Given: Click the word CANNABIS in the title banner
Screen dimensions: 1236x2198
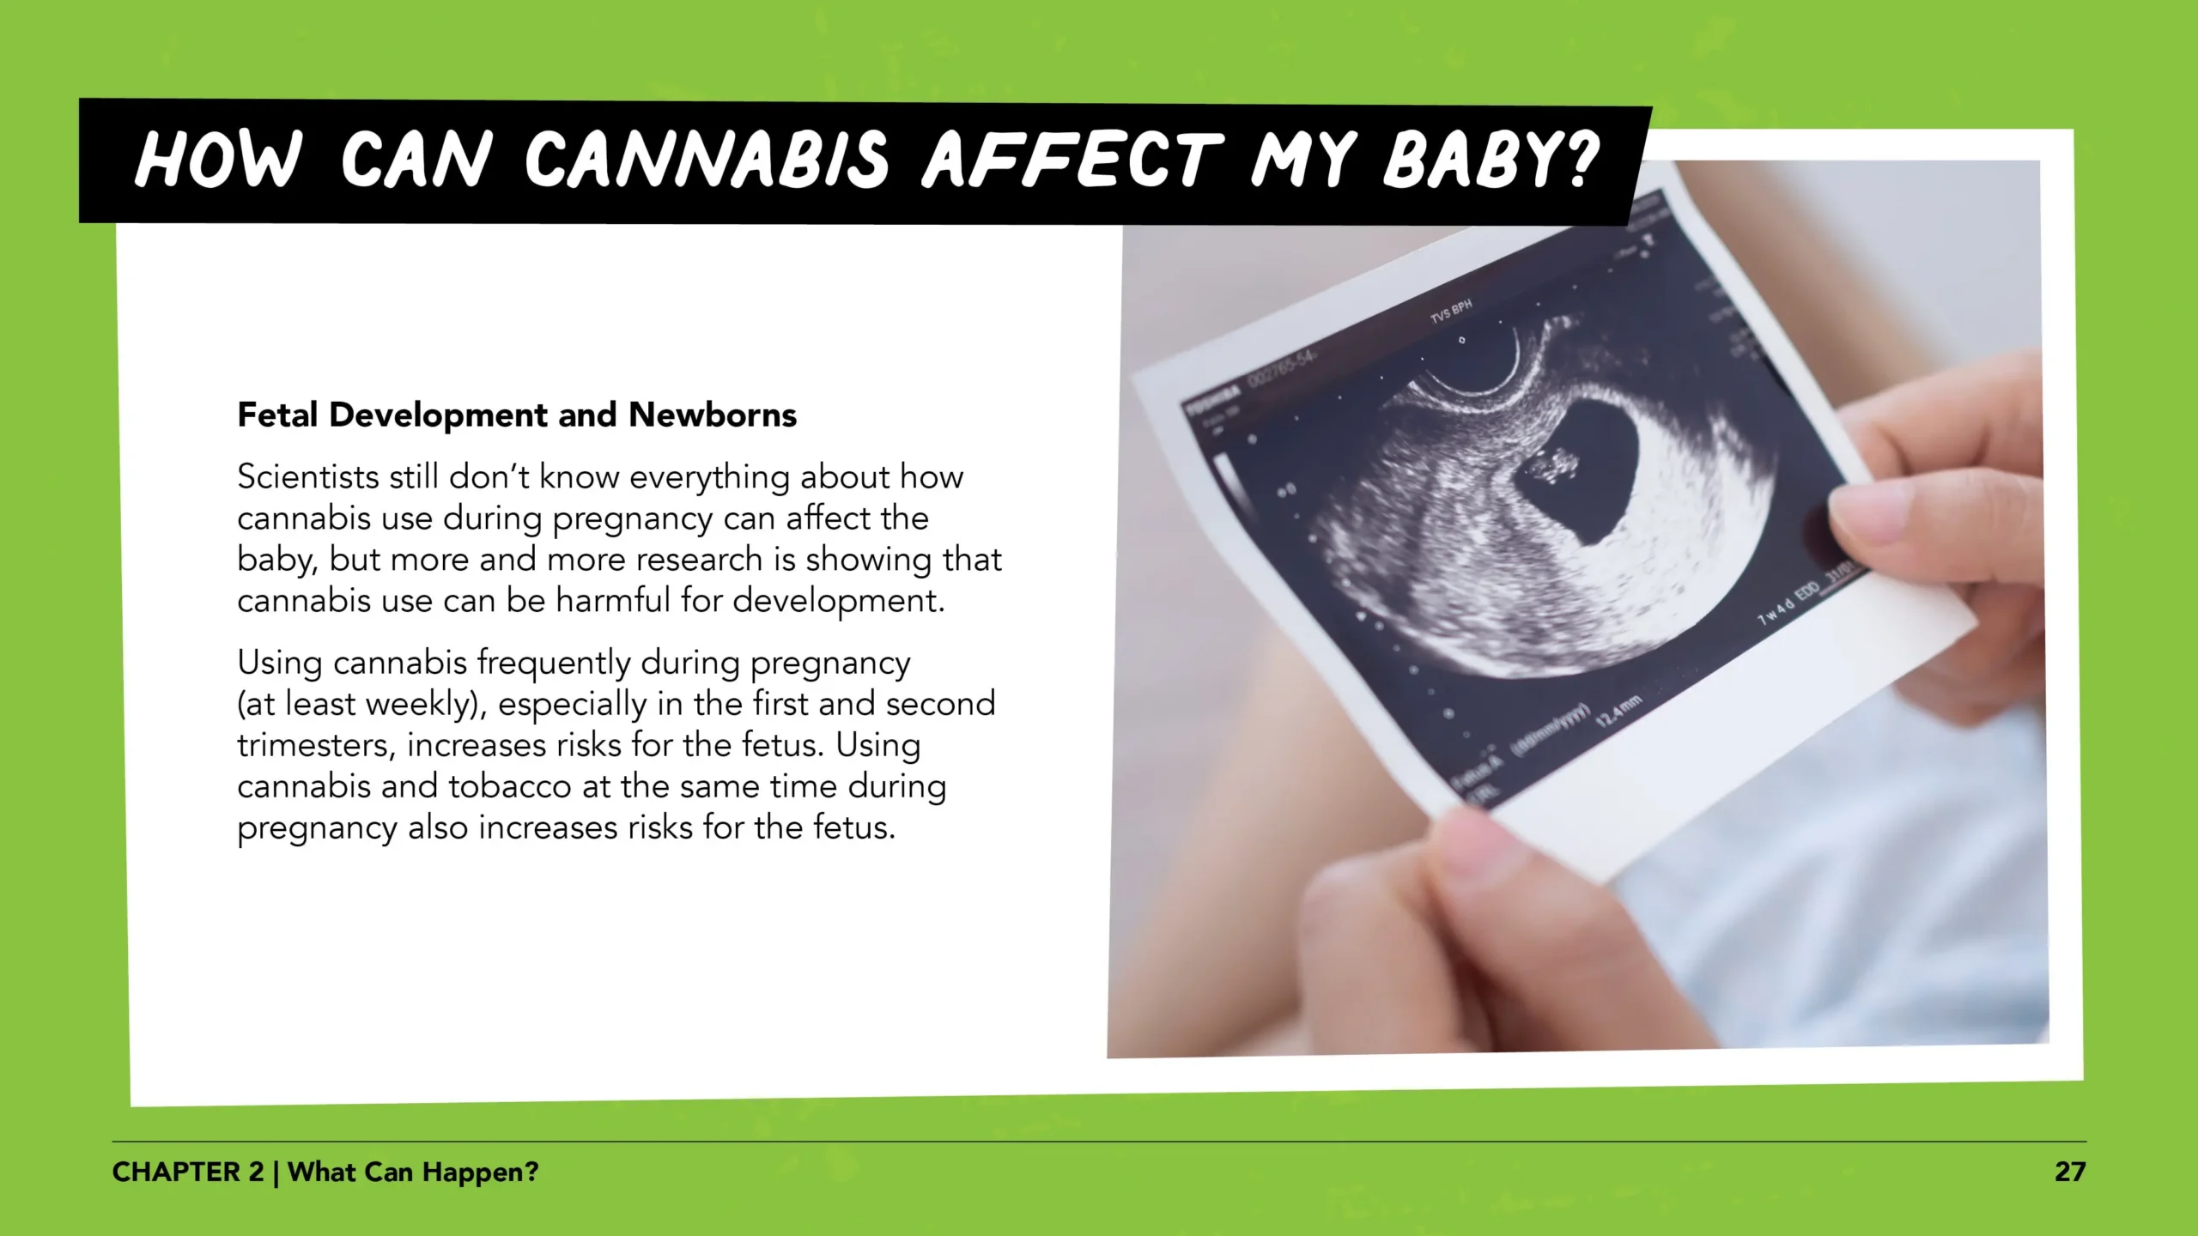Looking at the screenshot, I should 707,160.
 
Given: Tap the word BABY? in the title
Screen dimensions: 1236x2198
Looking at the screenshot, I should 1491,160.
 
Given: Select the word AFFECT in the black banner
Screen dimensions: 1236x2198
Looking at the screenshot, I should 1072,160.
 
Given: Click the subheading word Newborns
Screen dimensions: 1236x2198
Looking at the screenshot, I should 713,415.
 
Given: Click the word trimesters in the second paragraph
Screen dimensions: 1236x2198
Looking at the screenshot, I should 315,745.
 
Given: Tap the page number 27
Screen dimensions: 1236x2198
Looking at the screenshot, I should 2069,1172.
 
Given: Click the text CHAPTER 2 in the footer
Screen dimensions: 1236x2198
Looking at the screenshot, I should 187,1172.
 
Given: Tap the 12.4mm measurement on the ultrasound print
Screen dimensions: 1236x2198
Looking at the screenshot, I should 1618,712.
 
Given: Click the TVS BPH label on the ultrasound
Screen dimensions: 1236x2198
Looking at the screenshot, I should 1451,311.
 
